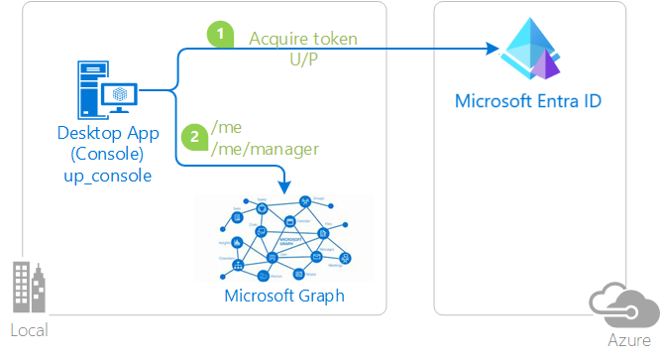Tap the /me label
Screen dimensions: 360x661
(x=228, y=128)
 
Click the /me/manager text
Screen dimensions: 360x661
(x=265, y=149)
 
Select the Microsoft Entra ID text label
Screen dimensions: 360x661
(x=528, y=101)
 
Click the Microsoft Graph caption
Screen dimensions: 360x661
(x=285, y=296)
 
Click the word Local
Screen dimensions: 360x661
(x=28, y=330)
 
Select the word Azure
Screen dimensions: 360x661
(x=627, y=340)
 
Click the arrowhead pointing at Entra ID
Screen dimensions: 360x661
(x=491, y=49)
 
